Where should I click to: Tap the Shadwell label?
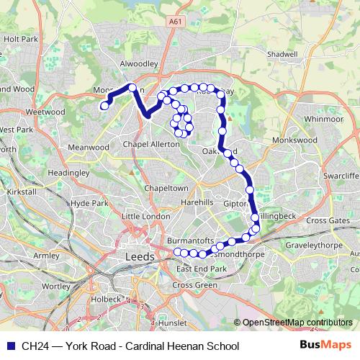(281, 54)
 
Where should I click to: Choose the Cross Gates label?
(328, 220)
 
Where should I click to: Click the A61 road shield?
(174, 23)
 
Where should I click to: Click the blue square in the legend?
(11, 346)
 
